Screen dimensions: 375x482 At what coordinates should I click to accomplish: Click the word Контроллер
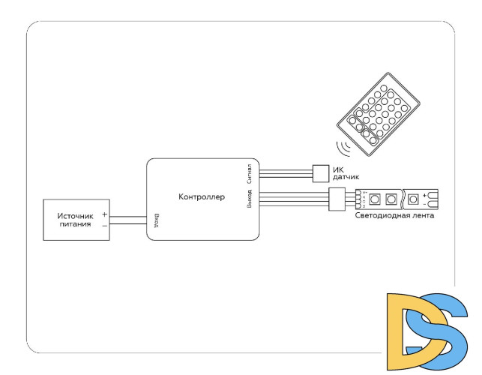click(x=202, y=198)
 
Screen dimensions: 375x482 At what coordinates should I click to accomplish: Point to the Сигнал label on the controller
click(x=248, y=173)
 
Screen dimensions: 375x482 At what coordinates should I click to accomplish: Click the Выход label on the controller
click(x=249, y=199)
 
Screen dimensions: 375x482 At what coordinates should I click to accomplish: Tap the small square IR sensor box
click(x=320, y=172)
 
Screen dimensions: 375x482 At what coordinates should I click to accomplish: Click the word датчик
click(x=346, y=177)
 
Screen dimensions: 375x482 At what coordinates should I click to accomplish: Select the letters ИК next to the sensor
click(x=338, y=169)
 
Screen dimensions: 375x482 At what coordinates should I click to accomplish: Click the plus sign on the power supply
click(x=104, y=214)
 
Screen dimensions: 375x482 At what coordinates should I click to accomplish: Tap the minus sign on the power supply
click(x=104, y=223)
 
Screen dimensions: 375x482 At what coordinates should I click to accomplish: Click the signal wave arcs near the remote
click(x=344, y=145)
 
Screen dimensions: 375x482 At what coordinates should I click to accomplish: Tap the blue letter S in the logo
click(x=439, y=330)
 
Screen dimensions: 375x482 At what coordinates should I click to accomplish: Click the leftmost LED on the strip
click(x=373, y=199)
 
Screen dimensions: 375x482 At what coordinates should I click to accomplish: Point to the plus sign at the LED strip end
click(x=425, y=196)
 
